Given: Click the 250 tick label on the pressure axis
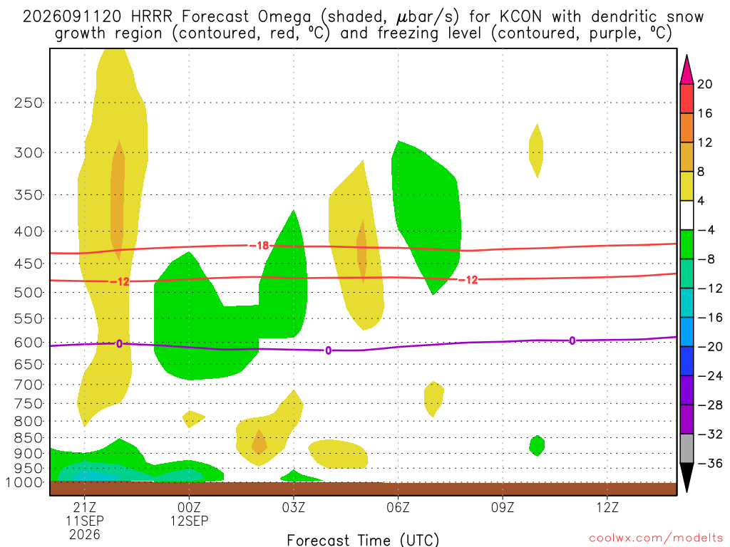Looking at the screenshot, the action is click(x=29, y=103).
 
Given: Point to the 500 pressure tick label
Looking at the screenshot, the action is click(x=29, y=293).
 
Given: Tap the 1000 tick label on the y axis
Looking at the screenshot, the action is click(x=25, y=483).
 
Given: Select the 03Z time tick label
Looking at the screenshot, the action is click(x=293, y=507).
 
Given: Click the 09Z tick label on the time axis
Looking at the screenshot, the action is click(x=503, y=507).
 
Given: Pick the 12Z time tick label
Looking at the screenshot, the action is click(x=607, y=507).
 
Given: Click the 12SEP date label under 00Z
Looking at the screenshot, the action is click(x=189, y=521).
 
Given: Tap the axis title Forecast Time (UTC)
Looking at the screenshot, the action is click(x=363, y=540).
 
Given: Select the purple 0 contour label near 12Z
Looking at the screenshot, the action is click(x=572, y=340).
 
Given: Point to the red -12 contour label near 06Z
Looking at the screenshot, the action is click(x=468, y=279).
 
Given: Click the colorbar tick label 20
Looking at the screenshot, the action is click(x=705, y=84).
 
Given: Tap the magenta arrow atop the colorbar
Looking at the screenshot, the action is click(x=687, y=71).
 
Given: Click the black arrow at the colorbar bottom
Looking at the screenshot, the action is click(x=687, y=476).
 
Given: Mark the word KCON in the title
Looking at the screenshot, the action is click(x=521, y=17).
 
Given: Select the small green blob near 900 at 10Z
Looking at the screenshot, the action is click(x=537, y=446).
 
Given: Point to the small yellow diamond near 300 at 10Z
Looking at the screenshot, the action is click(x=536, y=151).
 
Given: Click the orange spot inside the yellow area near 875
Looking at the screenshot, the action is click(x=259, y=442).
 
